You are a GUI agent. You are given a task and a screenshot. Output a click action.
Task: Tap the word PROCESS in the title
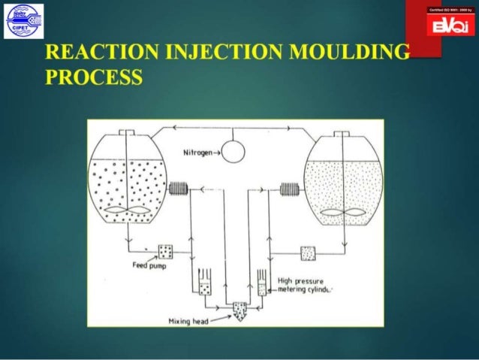[x=93, y=77]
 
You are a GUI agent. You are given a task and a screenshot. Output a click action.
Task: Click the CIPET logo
[x=24, y=20]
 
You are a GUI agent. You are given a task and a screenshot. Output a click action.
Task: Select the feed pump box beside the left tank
[x=166, y=250]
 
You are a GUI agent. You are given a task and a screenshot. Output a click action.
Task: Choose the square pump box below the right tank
[x=308, y=253]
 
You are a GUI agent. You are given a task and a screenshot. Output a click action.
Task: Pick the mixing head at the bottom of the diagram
[x=239, y=310]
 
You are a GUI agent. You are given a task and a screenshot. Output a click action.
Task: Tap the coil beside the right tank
[x=288, y=189]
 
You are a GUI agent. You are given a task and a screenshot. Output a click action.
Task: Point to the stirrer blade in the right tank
[x=342, y=213]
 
